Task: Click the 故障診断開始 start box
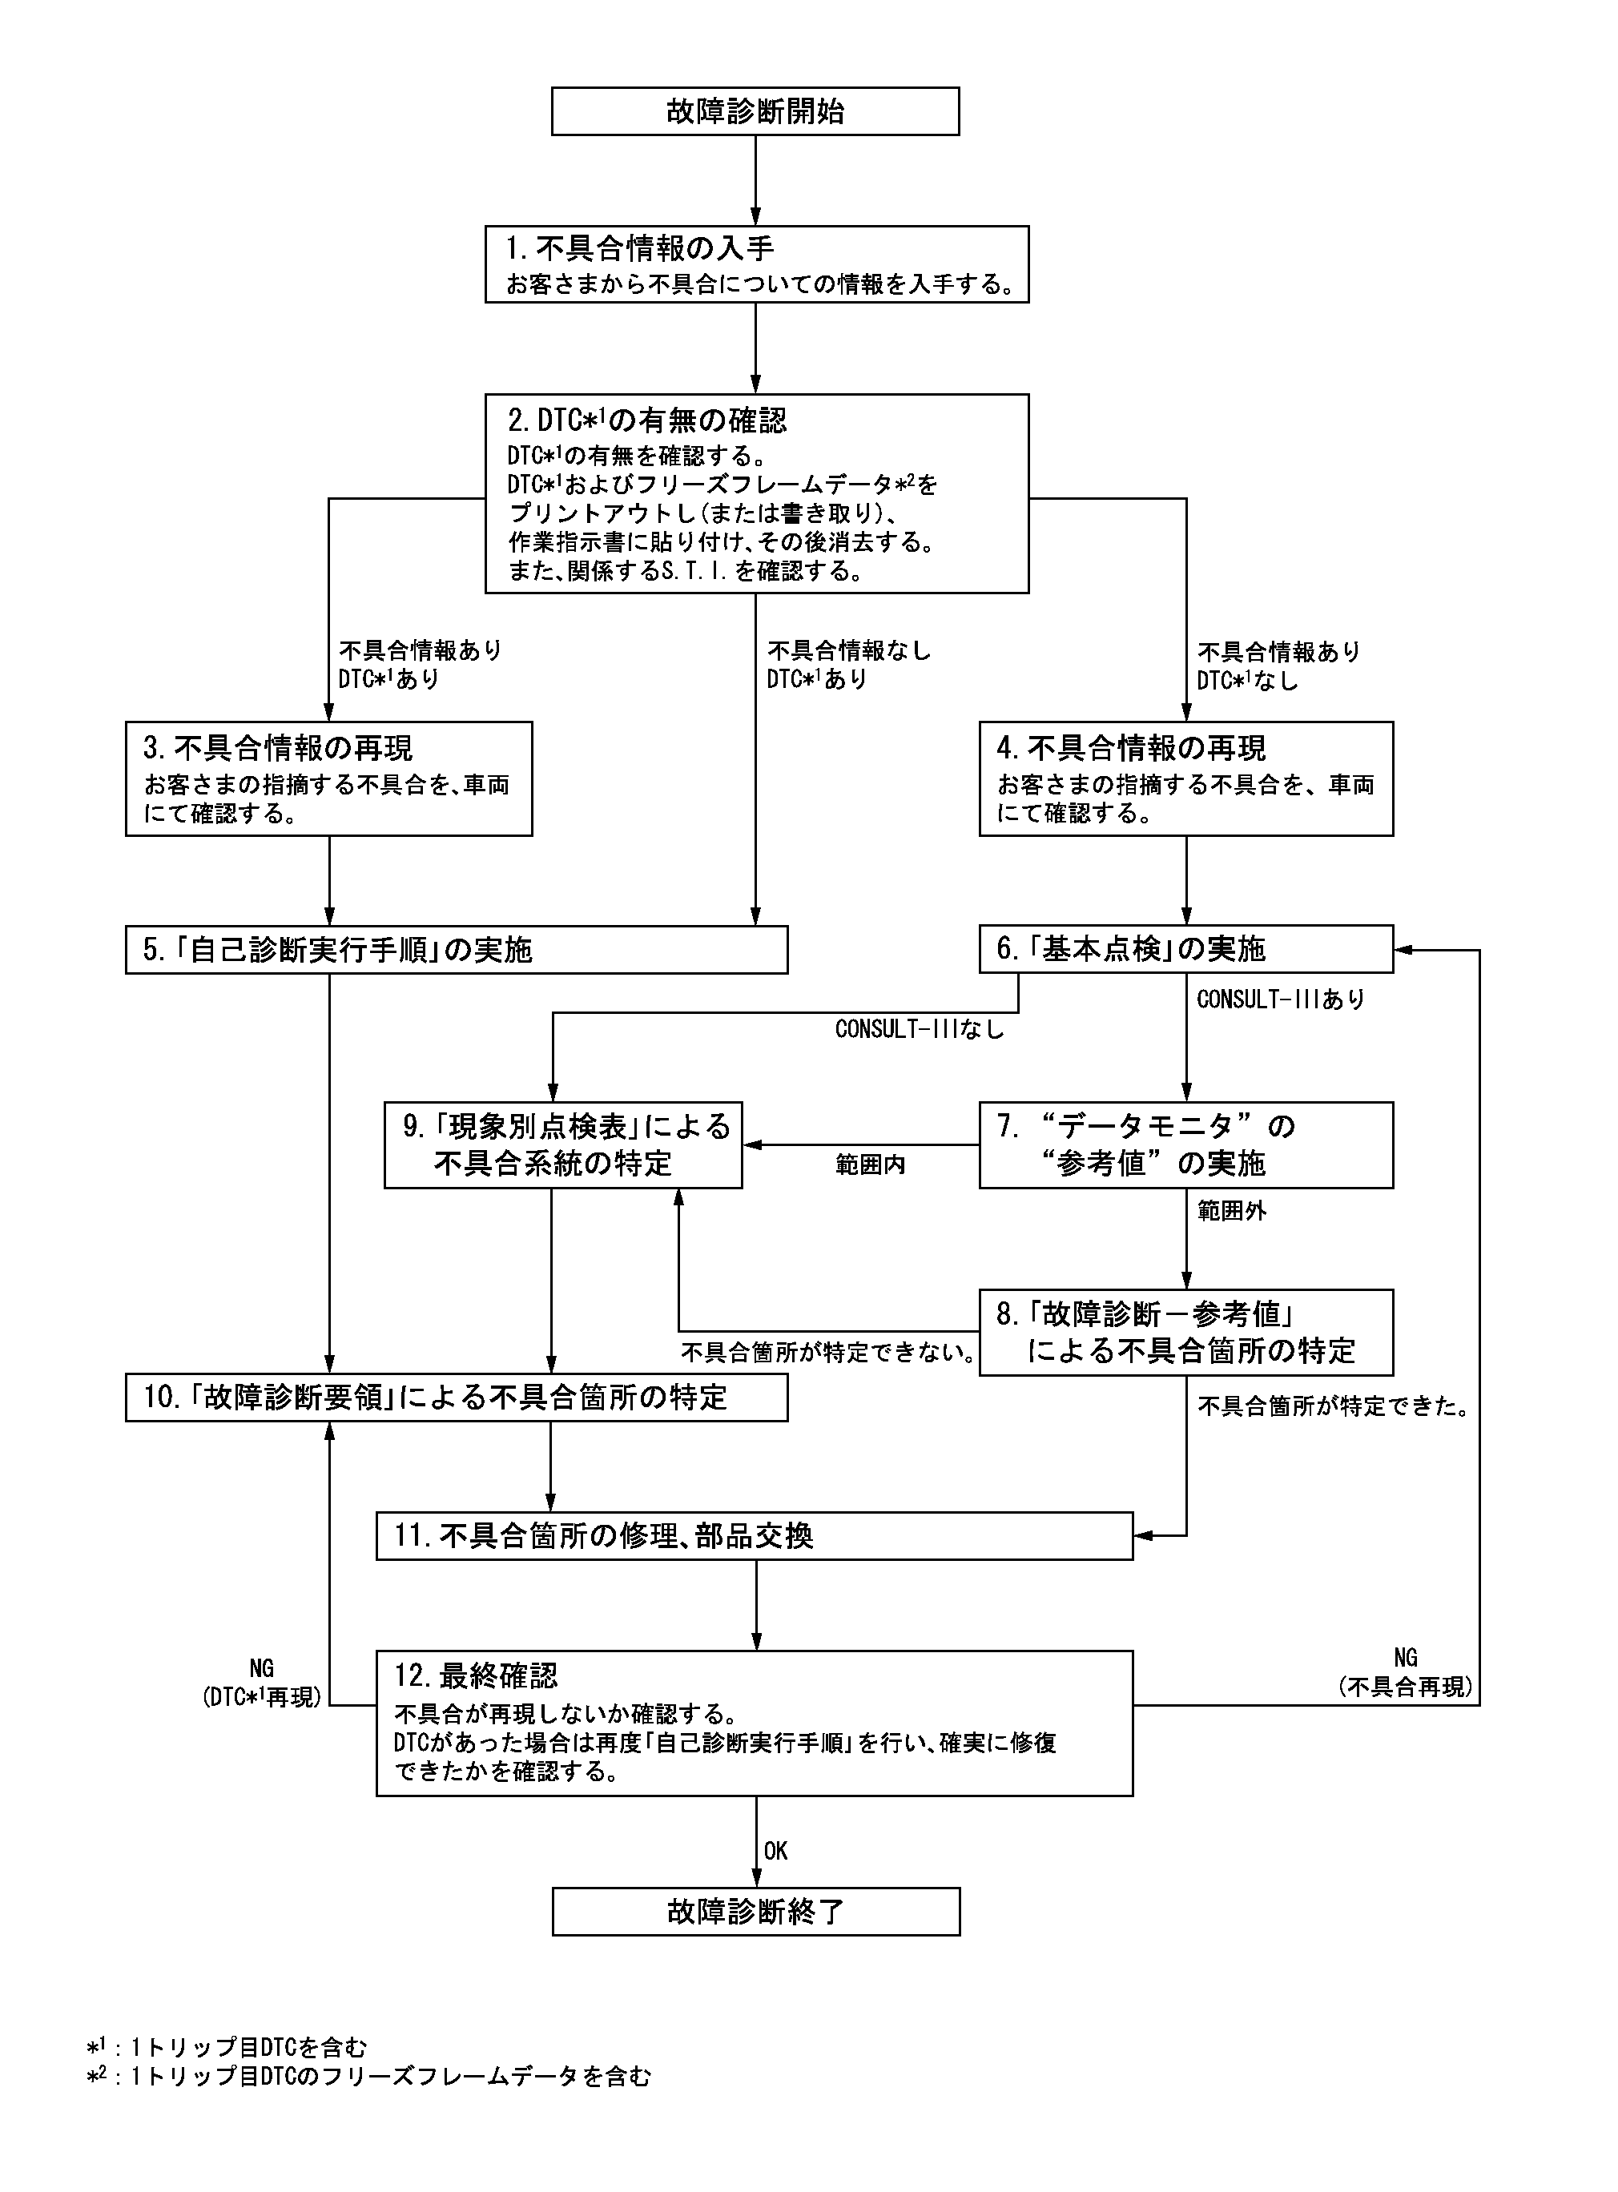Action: [x=755, y=111]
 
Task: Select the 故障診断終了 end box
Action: [x=755, y=1911]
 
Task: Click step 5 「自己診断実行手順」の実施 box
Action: [x=456, y=950]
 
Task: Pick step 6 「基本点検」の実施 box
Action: [x=1185, y=949]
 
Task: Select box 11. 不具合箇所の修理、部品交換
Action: [x=755, y=1535]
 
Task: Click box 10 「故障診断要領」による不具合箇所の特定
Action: [x=456, y=1397]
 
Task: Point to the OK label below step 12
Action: [x=775, y=1850]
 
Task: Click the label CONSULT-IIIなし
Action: [x=919, y=1029]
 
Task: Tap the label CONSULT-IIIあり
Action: [x=1280, y=999]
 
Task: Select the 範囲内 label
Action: [x=870, y=1164]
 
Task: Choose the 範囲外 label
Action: [x=1231, y=1211]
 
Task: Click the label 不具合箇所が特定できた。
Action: [x=1334, y=1407]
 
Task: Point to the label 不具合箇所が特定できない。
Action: [x=828, y=1352]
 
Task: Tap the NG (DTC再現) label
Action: [x=261, y=1682]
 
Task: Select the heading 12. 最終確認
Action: [x=476, y=1675]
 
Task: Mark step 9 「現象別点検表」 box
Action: [x=563, y=1144]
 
